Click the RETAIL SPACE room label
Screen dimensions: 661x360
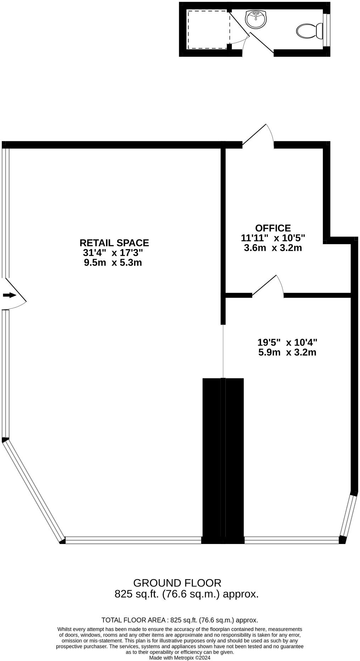coord(114,243)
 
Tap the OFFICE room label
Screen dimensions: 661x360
coord(273,228)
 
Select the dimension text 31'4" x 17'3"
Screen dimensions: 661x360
coord(113,253)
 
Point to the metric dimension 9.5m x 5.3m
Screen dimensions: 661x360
coord(113,263)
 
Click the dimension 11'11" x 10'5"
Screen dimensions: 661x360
coord(273,238)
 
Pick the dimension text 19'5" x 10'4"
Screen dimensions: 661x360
coord(287,342)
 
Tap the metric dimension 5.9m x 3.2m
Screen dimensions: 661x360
coord(287,352)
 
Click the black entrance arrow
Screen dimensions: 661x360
coord(9,295)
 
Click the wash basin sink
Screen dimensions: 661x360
coord(256,19)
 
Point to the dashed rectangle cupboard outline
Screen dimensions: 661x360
coord(208,30)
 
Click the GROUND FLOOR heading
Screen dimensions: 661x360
coord(177,583)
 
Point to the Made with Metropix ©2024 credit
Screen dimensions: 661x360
coord(180,657)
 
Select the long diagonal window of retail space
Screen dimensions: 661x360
coord(34,491)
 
